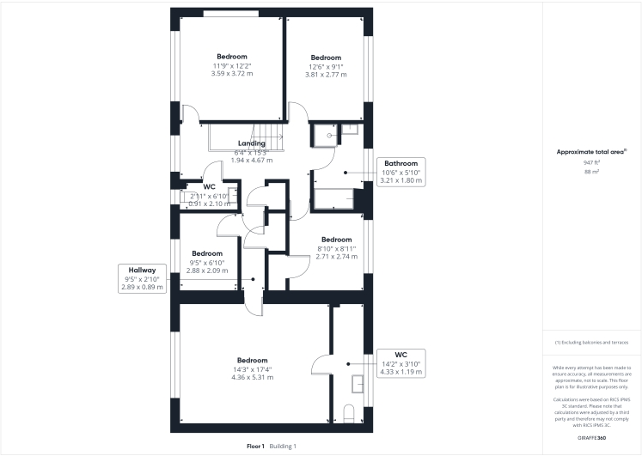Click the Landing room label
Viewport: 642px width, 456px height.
[x=252, y=143]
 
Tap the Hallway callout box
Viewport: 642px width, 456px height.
[x=143, y=279]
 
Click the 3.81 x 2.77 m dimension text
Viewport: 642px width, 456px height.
[x=326, y=75]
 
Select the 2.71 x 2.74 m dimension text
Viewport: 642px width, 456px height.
[x=336, y=257]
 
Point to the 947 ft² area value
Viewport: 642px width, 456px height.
[x=590, y=162]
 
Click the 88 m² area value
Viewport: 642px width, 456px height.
[x=590, y=172]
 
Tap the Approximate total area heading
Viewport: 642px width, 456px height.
[x=591, y=151]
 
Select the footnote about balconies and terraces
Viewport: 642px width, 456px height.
[x=591, y=343]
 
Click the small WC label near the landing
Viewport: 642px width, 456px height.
[x=209, y=186]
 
